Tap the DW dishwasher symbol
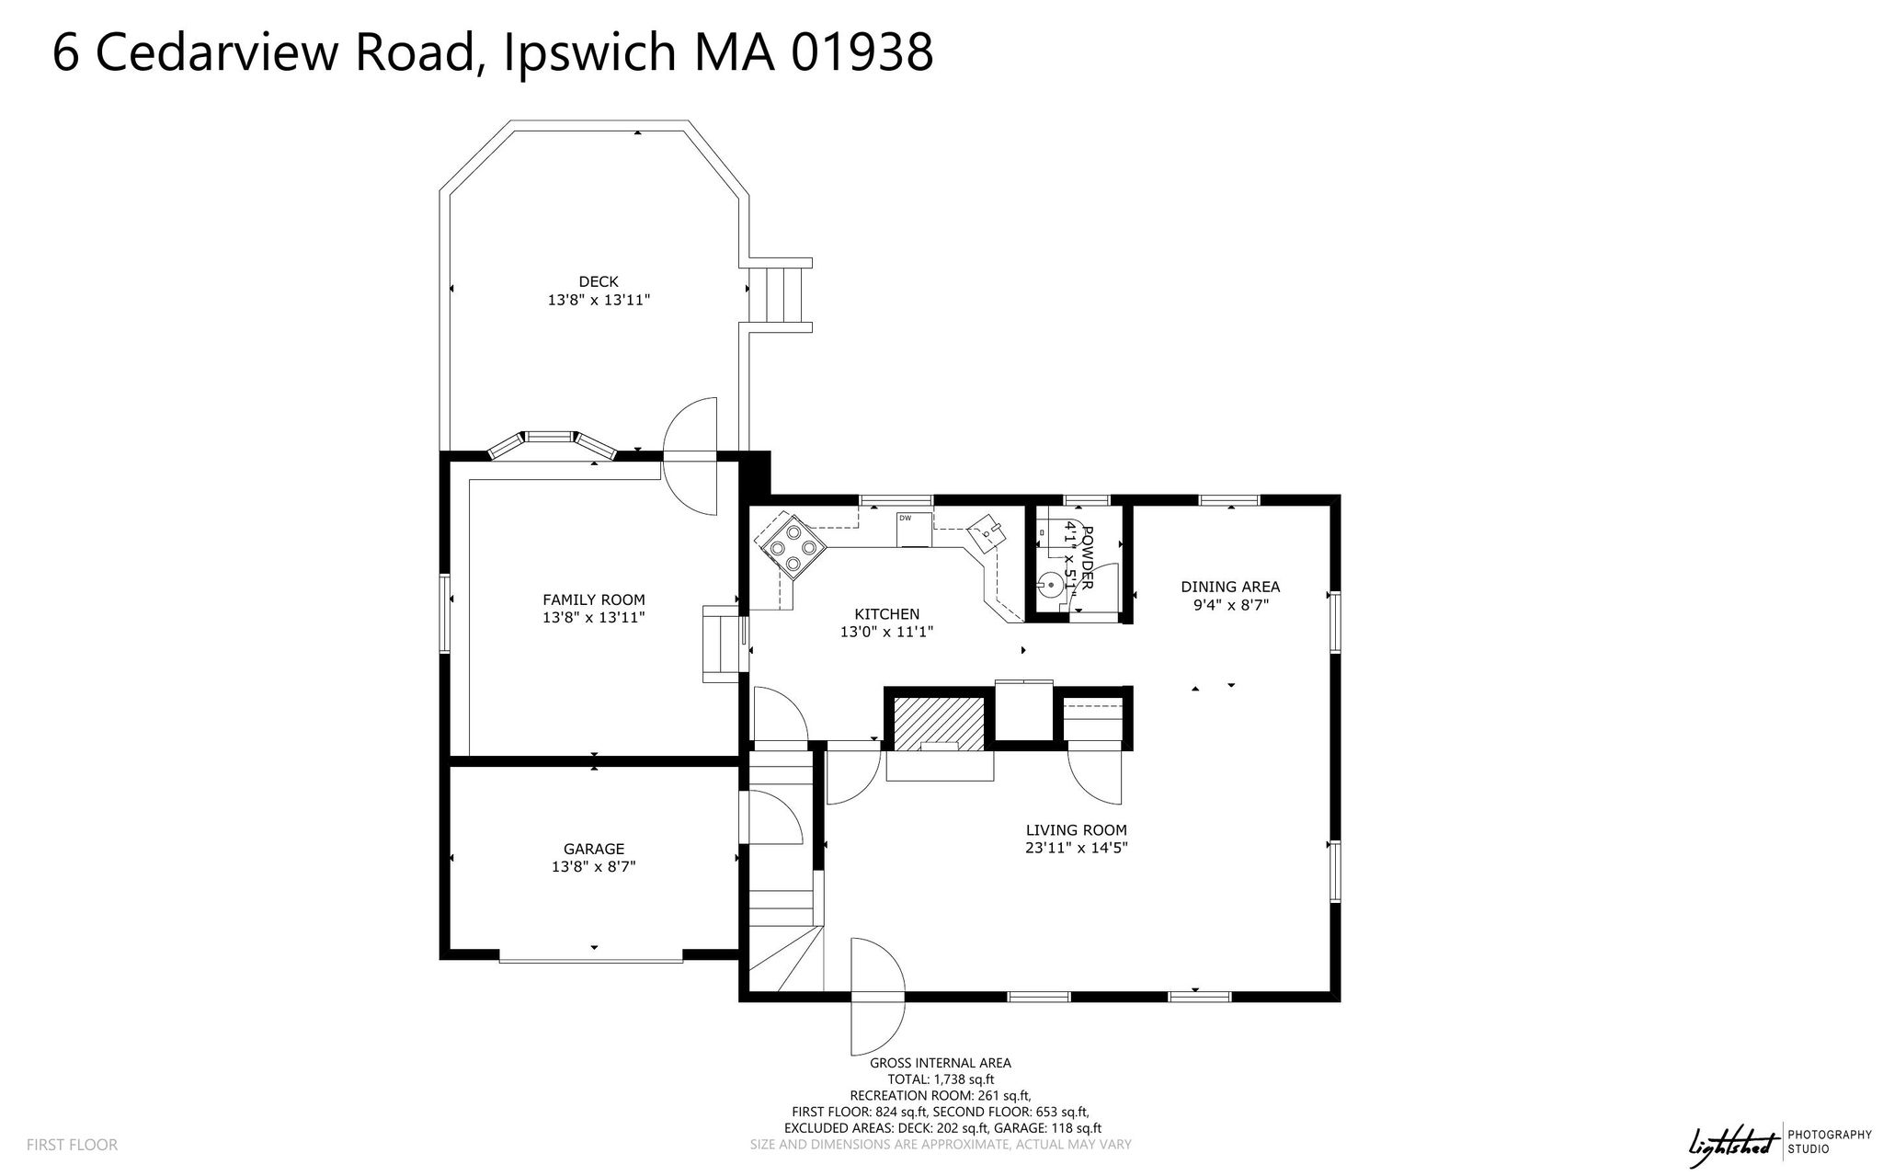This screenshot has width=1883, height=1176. click(x=915, y=530)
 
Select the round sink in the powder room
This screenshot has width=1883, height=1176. click(x=1051, y=582)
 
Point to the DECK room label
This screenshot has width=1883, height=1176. click(x=599, y=281)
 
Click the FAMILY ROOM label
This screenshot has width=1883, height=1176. click(x=594, y=599)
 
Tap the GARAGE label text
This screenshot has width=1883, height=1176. click(x=594, y=849)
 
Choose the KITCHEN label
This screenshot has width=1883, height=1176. click(x=887, y=614)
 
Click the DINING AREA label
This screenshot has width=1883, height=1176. click(x=1230, y=587)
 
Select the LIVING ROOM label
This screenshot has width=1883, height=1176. click(x=1077, y=830)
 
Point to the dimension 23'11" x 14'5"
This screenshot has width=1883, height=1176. click(x=1077, y=849)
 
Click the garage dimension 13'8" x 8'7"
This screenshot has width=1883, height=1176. click(x=594, y=866)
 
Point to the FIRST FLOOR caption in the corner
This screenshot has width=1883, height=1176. click(x=73, y=1145)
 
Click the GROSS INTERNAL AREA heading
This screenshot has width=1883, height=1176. click(x=941, y=1063)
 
